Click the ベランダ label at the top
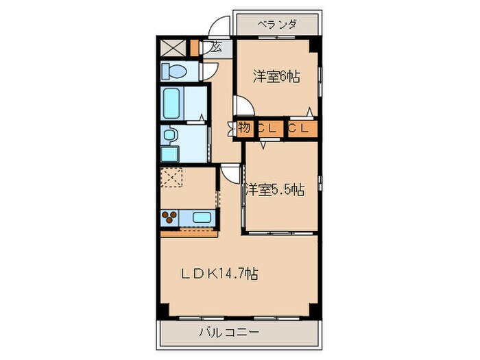point(277,24)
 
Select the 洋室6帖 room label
point(276,77)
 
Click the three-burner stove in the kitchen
point(171,218)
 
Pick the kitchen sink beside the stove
point(202,218)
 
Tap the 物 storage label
point(245,128)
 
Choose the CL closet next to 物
point(267,128)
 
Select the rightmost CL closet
point(302,128)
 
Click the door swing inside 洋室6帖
point(245,106)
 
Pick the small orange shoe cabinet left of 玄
point(195,48)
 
